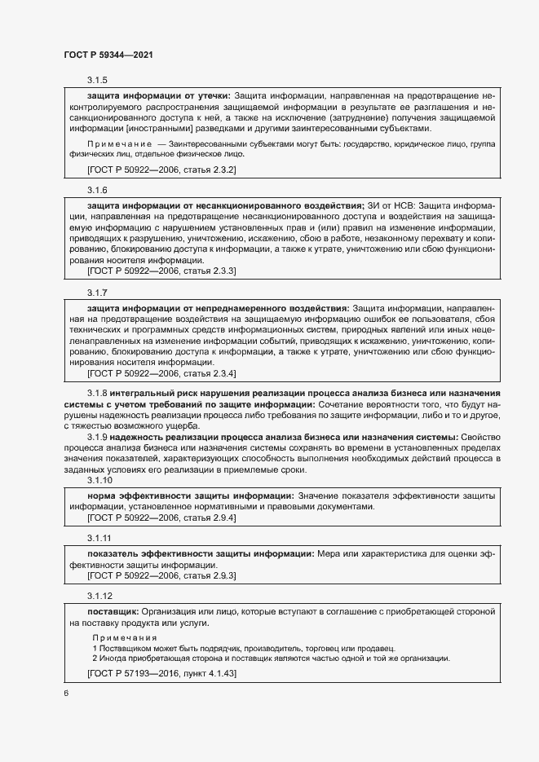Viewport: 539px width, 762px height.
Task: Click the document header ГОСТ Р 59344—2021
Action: click(x=108, y=54)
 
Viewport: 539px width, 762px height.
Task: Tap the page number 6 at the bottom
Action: click(x=66, y=693)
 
